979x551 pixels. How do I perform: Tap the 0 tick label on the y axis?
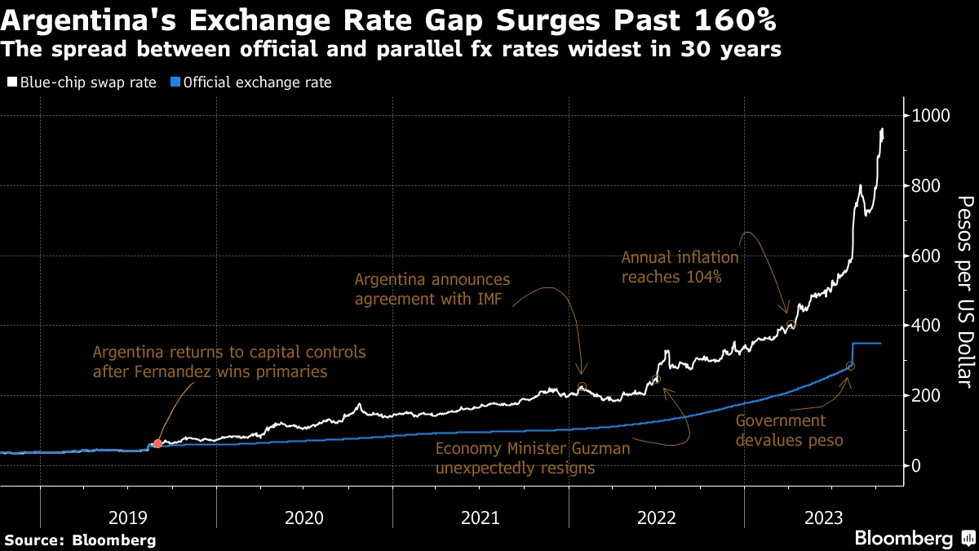[x=917, y=465]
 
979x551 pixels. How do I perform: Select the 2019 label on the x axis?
[x=129, y=518]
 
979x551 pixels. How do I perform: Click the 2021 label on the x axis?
[x=481, y=518]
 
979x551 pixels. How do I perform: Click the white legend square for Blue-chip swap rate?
[x=12, y=82]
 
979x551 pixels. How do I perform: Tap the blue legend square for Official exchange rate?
[x=175, y=82]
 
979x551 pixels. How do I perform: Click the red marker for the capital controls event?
[x=157, y=443]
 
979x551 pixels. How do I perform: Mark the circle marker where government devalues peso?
[x=850, y=366]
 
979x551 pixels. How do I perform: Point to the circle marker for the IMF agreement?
[x=581, y=387]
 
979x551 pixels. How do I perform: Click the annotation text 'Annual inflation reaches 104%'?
[x=680, y=267]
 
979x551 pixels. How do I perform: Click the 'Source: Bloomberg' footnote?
[x=79, y=540]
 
